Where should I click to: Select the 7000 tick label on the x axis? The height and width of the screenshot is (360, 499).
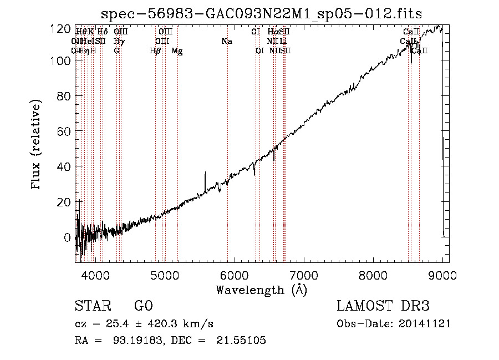pos(304,275)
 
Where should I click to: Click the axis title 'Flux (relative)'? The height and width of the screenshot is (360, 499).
pos(37,145)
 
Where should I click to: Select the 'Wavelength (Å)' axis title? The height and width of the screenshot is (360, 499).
pos(261,290)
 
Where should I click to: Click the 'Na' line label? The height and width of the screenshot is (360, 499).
pos(226,42)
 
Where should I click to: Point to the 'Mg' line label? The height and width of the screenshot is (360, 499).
pos(177,51)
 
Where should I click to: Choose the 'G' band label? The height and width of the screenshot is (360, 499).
pos(116,51)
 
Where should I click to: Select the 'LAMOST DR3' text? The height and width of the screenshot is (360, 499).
pos(383,306)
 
